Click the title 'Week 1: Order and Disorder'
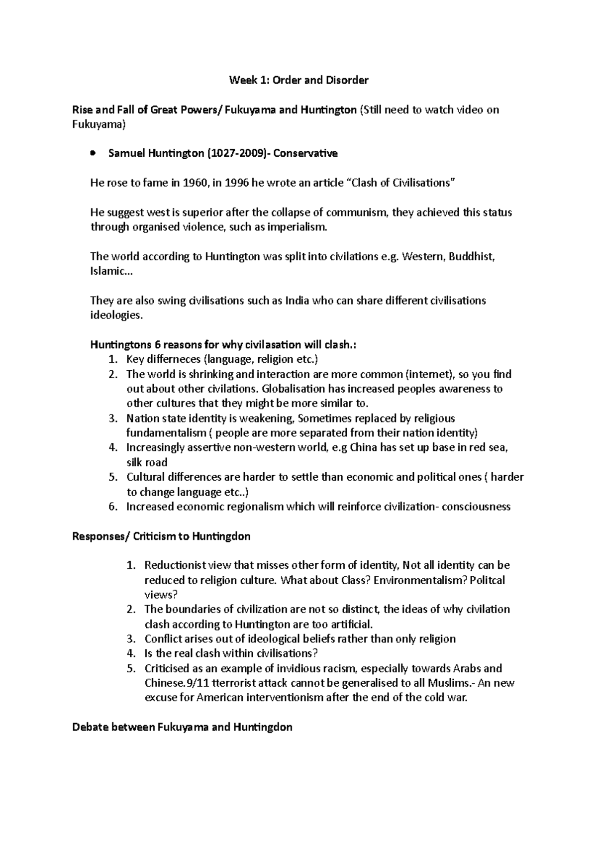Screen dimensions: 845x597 (x=298, y=80)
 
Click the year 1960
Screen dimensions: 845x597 (x=194, y=183)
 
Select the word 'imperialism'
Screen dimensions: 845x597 (x=298, y=227)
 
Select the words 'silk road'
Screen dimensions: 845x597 (x=147, y=462)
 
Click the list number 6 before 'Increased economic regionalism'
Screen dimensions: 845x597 (x=112, y=507)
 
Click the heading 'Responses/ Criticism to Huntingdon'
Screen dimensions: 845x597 (x=161, y=536)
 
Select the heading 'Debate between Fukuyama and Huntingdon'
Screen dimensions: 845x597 (x=182, y=728)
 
